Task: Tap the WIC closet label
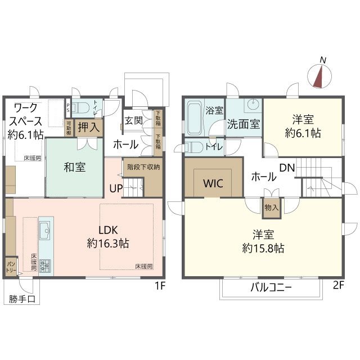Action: [x=213, y=183]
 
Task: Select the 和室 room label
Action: [x=74, y=167]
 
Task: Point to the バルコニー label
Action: [x=271, y=288]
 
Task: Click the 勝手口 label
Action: [x=22, y=299]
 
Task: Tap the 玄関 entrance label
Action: [x=134, y=120]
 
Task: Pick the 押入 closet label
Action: [x=89, y=127]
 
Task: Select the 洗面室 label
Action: [x=244, y=124]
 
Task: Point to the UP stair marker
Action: [x=116, y=188]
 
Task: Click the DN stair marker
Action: [x=287, y=167]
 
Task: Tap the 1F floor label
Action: [x=160, y=285]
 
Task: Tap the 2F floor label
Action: [x=338, y=285]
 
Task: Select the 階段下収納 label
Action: [x=144, y=166]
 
